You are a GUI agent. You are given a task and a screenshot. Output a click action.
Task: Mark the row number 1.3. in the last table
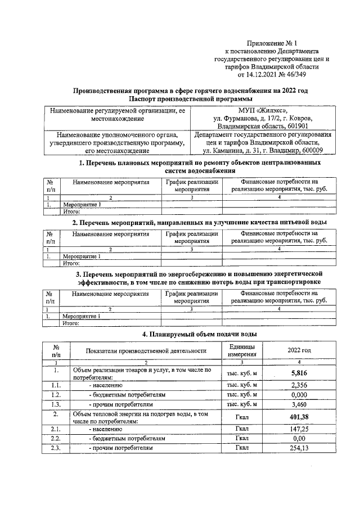[x=56, y=405]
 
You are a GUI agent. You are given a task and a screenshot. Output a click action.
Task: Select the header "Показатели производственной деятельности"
[x=145, y=351]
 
